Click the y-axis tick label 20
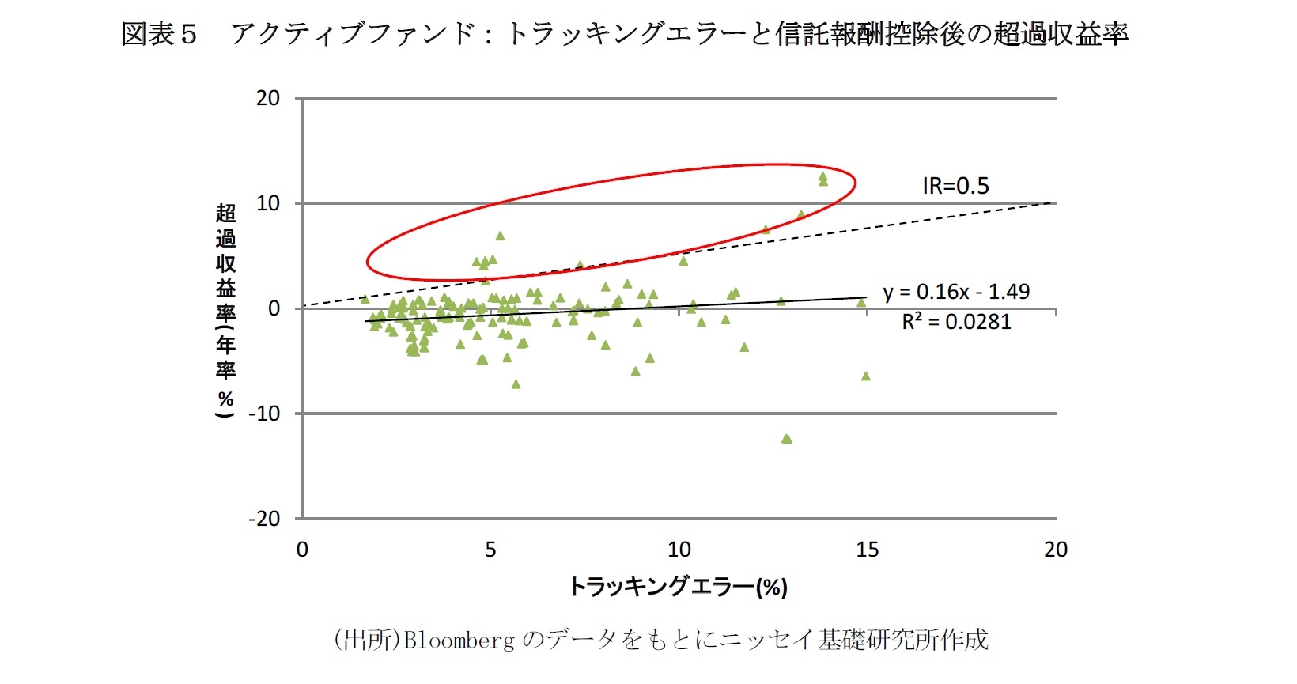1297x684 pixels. click(268, 98)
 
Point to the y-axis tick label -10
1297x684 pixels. click(263, 414)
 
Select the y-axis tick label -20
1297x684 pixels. click(263, 519)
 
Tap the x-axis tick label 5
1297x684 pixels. click(490, 550)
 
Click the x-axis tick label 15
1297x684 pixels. click(867, 550)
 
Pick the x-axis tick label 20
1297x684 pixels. click(1055, 550)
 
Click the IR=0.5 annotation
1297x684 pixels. click(955, 186)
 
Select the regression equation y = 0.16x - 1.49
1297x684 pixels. click(956, 292)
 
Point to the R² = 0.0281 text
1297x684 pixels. click(956, 322)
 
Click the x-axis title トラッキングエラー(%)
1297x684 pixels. click(678, 587)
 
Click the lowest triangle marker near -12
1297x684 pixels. click(786, 439)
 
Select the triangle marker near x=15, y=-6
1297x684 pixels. click(865, 376)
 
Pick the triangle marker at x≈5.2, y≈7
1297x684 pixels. click(500, 236)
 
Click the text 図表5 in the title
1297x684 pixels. click(158, 34)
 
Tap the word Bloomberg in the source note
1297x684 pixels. click(459, 639)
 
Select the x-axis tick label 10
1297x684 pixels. click(679, 550)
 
